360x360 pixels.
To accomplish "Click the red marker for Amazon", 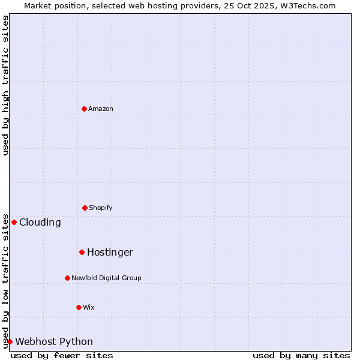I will (x=84, y=109).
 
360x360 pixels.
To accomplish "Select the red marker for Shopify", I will (x=85, y=208).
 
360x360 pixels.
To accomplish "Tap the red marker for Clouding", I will (x=14, y=222).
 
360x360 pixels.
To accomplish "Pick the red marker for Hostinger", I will (x=82, y=252).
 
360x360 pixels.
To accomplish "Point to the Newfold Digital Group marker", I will (x=67, y=278).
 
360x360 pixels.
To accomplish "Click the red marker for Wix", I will (x=79, y=307).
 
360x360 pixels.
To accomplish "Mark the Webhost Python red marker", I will (x=10, y=341).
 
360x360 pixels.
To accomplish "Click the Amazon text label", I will (x=101, y=109).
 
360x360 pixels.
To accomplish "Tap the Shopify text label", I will (x=101, y=208).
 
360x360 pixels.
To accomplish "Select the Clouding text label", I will (x=40, y=222).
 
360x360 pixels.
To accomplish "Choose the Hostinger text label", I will (x=110, y=252).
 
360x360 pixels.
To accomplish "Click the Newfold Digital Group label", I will (x=106, y=278).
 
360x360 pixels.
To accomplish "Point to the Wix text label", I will (x=89, y=307).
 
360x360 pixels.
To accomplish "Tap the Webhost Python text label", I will (x=54, y=341).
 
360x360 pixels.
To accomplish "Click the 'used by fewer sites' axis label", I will (x=62, y=355).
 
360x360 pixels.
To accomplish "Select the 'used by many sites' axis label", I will (x=301, y=355).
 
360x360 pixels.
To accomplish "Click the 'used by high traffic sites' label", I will (x=5, y=85).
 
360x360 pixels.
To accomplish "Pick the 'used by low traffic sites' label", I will (x=5, y=280).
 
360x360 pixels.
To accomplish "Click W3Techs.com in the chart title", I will (x=308, y=5).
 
